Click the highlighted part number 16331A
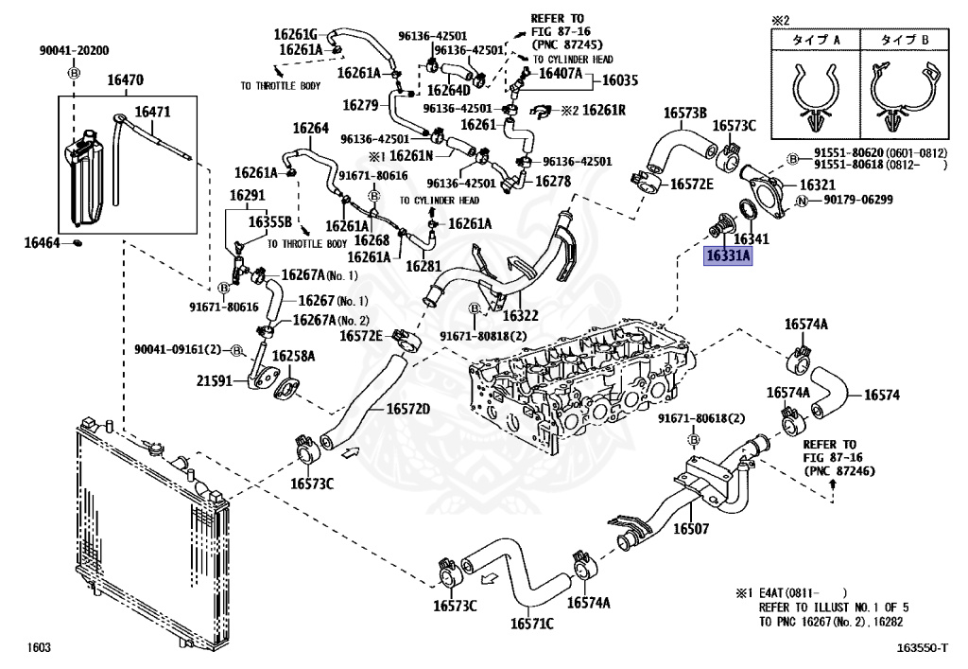[728, 255]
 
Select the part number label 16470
[126, 79]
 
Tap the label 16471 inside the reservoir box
[152, 112]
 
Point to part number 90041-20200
[74, 51]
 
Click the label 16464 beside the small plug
[42, 243]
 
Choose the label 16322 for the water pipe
[521, 316]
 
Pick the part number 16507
[691, 529]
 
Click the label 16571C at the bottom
[532, 624]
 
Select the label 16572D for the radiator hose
[408, 410]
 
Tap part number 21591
[215, 381]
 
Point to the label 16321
[818, 185]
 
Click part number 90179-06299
[858, 201]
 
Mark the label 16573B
[685, 113]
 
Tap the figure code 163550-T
[922, 647]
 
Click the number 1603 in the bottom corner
[39, 647]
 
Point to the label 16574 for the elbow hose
[882, 395]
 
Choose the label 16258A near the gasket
[293, 356]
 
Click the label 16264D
[449, 91]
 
